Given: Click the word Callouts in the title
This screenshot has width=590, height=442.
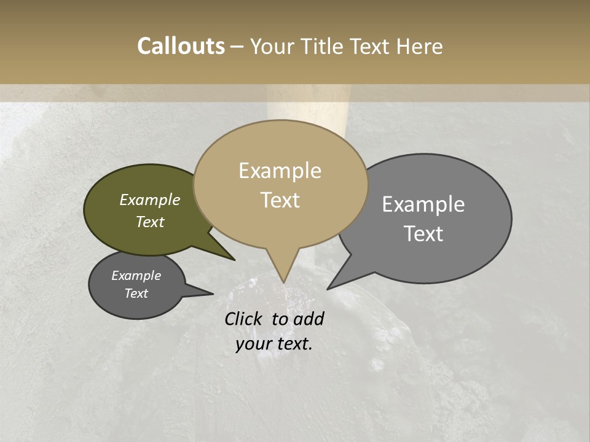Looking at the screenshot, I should click(x=181, y=46).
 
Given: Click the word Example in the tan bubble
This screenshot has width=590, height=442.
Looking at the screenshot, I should click(x=280, y=171).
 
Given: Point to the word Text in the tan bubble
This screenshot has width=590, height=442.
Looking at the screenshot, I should click(x=280, y=200).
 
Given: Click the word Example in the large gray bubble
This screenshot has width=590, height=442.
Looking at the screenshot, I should click(x=423, y=204).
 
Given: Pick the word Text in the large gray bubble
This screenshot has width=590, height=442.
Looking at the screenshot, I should click(x=423, y=234).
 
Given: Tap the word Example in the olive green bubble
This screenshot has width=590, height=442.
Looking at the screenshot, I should click(x=149, y=200).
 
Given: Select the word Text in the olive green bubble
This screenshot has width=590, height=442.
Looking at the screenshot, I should click(x=149, y=222).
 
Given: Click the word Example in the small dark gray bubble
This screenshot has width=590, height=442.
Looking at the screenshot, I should click(x=136, y=276).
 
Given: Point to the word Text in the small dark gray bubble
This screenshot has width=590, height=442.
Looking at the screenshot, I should click(x=136, y=293).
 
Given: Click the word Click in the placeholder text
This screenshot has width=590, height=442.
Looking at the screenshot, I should click(x=244, y=319).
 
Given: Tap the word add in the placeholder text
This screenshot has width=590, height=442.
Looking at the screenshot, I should click(x=309, y=319).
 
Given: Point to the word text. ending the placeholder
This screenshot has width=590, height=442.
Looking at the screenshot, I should click(x=294, y=344).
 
